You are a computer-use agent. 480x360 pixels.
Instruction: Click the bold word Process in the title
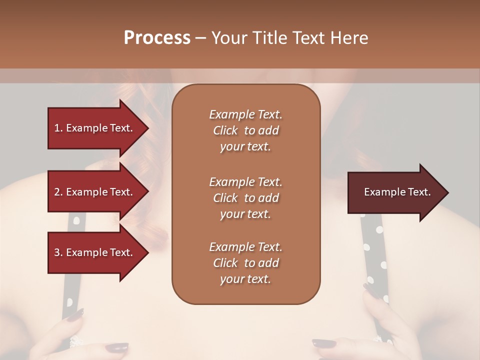pyautogui.click(x=157, y=38)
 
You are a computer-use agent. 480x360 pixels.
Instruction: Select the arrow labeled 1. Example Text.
pyautogui.click(x=95, y=128)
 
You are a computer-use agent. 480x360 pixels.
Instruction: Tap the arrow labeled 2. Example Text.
pyautogui.click(x=95, y=192)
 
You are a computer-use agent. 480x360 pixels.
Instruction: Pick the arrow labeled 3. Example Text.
pyautogui.click(x=95, y=253)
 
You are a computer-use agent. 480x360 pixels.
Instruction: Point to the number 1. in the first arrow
pyautogui.click(x=58, y=128)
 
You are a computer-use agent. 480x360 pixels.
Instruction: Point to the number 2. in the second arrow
pyautogui.click(x=58, y=192)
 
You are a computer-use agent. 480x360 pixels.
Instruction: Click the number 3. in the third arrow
pyautogui.click(x=58, y=253)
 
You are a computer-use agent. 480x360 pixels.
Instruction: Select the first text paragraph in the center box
pyautogui.click(x=245, y=130)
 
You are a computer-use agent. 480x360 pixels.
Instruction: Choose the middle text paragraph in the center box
pyautogui.click(x=245, y=197)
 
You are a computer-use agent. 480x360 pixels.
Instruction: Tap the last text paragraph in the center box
pyautogui.click(x=245, y=263)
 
